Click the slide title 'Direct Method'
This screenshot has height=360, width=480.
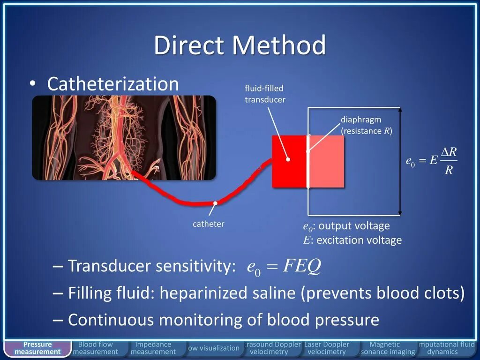coord(240,45)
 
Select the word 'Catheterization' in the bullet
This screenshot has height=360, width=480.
coord(113,84)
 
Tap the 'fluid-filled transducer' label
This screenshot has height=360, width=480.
coord(265,94)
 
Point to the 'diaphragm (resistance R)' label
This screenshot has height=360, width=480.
coord(366,126)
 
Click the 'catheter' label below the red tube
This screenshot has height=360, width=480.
coord(209,224)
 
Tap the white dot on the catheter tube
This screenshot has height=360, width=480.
coord(215,203)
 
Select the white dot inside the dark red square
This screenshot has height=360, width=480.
coord(288,159)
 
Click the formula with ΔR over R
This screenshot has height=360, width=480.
coord(431,161)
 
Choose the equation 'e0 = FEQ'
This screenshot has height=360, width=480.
coord(284,267)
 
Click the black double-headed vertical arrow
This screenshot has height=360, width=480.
coord(400,161)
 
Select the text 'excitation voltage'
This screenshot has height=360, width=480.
coord(359,240)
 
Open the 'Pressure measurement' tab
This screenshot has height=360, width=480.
coord(37,348)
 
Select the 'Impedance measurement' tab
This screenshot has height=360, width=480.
coord(153,348)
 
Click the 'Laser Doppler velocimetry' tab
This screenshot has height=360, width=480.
coord(327,348)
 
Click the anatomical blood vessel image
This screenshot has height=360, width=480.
coord(124,138)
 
